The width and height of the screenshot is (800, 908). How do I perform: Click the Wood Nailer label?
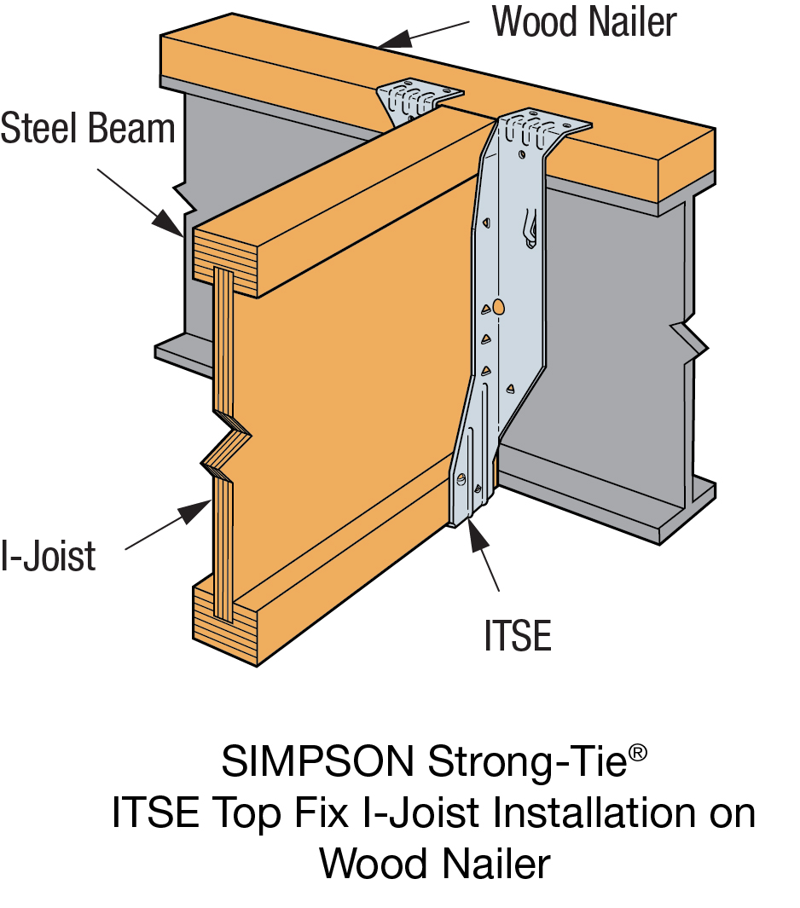584,23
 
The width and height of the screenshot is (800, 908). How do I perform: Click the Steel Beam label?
88,130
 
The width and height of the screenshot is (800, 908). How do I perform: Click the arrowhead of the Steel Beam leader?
168,221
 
